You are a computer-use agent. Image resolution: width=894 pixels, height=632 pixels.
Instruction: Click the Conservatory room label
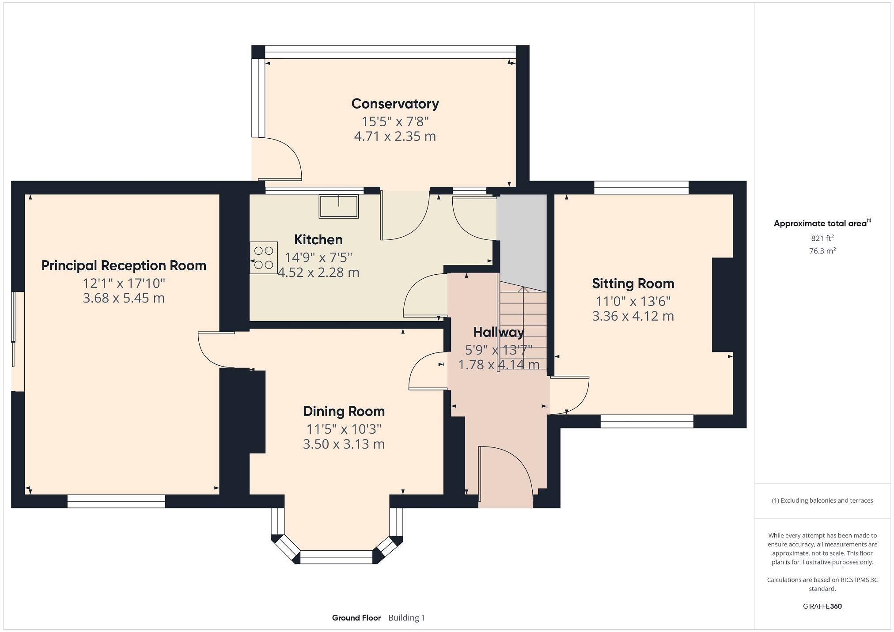(395, 104)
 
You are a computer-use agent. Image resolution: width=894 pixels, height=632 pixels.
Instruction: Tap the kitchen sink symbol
(339, 207)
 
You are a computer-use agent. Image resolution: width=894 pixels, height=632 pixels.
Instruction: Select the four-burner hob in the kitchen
(264, 257)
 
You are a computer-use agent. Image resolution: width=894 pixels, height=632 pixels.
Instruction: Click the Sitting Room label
(633, 284)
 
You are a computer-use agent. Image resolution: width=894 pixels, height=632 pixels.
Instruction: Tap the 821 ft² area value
(822, 238)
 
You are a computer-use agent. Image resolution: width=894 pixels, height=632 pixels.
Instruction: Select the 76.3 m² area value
(822, 251)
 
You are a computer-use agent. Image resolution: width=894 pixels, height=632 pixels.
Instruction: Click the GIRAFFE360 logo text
(822, 606)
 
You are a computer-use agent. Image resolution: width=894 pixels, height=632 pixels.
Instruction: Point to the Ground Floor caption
(356, 617)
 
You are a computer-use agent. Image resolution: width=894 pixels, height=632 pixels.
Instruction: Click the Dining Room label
(344, 411)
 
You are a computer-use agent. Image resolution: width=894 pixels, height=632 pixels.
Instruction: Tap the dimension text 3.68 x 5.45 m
(124, 298)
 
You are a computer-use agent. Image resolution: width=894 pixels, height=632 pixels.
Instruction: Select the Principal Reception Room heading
(124, 265)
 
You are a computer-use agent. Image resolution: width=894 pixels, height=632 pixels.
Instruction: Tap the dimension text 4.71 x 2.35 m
(395, 136)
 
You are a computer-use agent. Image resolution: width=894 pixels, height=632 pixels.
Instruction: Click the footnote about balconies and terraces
(822, 500)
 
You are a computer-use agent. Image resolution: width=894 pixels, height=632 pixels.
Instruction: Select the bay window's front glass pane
(337, 557)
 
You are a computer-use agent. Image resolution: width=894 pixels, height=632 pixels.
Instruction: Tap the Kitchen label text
(318, 240)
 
